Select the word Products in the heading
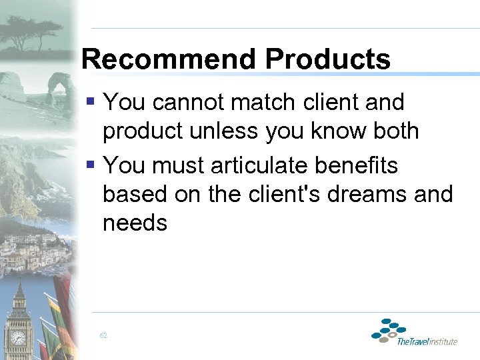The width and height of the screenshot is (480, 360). pos(327,59)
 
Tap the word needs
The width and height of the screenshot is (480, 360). pos(135,223)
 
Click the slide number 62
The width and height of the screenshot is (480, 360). pos(103,335)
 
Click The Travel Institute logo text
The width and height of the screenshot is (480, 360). pos(427,341)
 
